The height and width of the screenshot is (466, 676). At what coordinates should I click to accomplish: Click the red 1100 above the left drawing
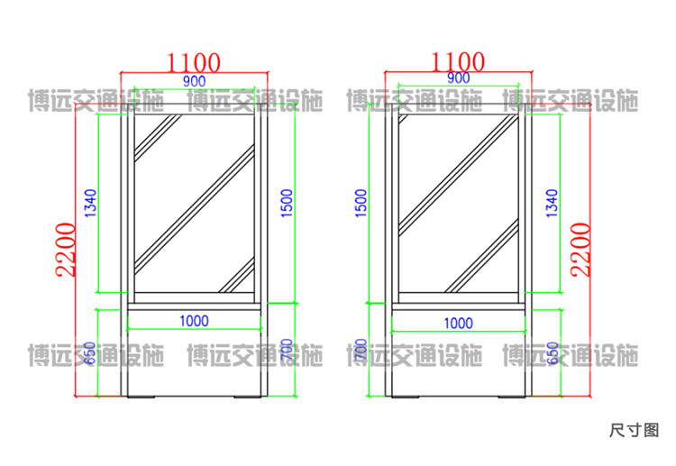pos(194,62)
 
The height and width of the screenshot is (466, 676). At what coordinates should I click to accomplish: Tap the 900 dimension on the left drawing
pos(194,81)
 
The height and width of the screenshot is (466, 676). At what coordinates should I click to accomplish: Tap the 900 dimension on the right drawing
pos(458,78)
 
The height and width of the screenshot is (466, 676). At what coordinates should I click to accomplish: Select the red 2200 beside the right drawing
pos(580,248)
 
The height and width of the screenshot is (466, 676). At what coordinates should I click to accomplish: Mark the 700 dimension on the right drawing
pos(361,351)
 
